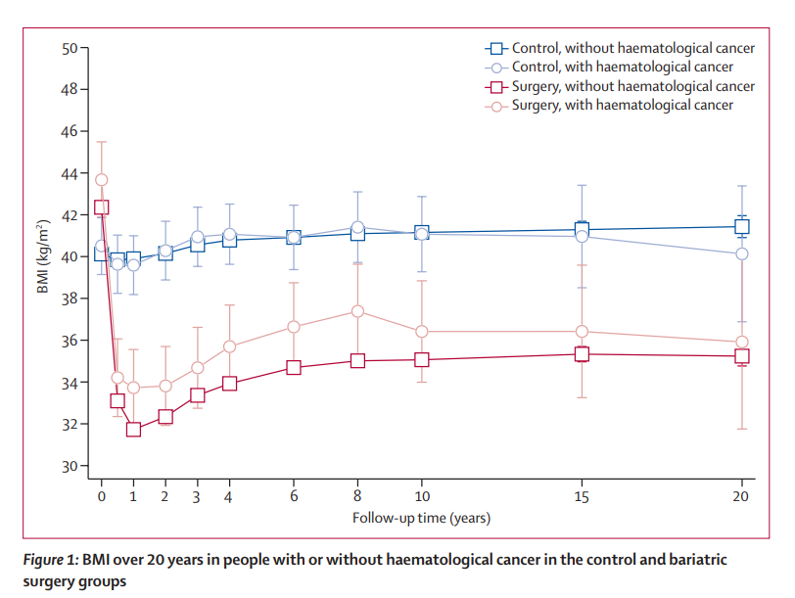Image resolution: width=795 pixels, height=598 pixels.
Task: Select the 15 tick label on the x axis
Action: (x=582, y=496)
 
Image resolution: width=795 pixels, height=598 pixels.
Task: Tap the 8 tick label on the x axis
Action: (x=357, y=496)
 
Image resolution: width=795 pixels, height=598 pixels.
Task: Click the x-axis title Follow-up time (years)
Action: (x=421, y=517)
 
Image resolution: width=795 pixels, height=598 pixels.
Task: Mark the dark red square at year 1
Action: (x=133, y=429)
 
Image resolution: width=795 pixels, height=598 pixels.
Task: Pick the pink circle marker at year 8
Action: (x=357, y=311)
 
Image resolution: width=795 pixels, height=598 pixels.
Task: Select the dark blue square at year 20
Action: (x=742, y=227)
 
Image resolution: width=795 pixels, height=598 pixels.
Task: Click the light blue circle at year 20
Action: (x=742, y=253)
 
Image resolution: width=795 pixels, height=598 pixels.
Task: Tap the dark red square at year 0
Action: (x=101, y=207)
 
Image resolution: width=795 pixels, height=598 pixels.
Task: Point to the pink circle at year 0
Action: (x=101, y=179)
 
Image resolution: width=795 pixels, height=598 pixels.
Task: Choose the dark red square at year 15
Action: (x=582, y=354)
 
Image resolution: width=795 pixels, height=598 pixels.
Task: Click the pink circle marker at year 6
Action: (x=293, y=327)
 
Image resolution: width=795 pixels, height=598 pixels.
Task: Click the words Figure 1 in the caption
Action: (x=51, y=561)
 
